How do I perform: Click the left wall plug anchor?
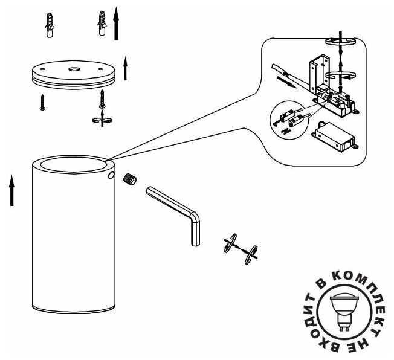tap(50, 26)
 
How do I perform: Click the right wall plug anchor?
tap(102, 24)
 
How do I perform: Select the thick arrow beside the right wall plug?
tap(116, 24)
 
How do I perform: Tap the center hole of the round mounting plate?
tap(74, 69)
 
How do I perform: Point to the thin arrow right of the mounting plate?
tap(125, 69)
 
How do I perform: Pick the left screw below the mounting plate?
tap(42, 102)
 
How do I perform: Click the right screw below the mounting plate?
tap(102, 99)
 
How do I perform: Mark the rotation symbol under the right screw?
tap(102, 120)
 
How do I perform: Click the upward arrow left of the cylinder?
tap(11, 190)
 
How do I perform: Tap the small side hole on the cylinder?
tap(111, 175)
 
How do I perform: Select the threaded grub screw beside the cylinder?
tap(130, 179)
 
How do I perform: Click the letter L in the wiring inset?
tap(275, 123)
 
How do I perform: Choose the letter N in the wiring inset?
tap(285, 131)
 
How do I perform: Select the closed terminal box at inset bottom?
tap(334, 138)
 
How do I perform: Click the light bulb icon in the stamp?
tap(344, 311)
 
